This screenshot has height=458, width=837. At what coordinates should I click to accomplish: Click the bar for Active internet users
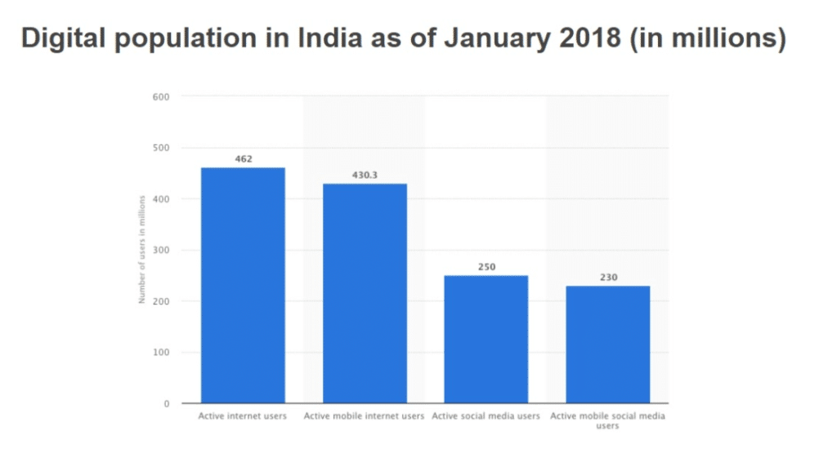(x=243, y=285)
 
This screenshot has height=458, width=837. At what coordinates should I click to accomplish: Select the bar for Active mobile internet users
(x=365, y=293)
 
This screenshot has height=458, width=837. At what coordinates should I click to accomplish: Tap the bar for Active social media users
(x=486, y=339)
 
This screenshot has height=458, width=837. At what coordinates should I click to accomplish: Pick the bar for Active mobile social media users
(x=608, y=344)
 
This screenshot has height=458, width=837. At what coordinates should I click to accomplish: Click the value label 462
(x=243, y=158)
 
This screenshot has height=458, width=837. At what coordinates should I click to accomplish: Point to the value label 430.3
(x=365, y=175)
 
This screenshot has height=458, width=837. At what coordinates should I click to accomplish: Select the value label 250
(x=486, y=267)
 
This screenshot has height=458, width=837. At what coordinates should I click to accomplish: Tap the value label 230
(x=608, y=277)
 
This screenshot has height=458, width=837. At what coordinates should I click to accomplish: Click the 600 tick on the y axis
(x=160, y=97)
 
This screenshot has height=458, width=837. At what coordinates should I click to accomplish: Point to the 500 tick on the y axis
(x=160, y=148)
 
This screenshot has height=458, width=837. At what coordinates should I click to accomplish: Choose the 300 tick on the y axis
(x=160, y=251)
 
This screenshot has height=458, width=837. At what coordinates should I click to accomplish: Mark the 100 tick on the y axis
(x=160, y=353)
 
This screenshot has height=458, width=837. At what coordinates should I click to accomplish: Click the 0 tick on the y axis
(x=165, y=404)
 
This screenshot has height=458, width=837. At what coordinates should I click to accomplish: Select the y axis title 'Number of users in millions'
(x=141, y=249)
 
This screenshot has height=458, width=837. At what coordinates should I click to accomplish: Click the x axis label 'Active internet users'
(x=243, y=416)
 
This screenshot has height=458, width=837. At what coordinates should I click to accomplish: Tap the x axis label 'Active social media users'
(x=486, y=416)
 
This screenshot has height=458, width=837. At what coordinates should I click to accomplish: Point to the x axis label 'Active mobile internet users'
(x=365, y=416)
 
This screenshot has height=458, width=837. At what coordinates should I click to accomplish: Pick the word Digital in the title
(x=61, y=38)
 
